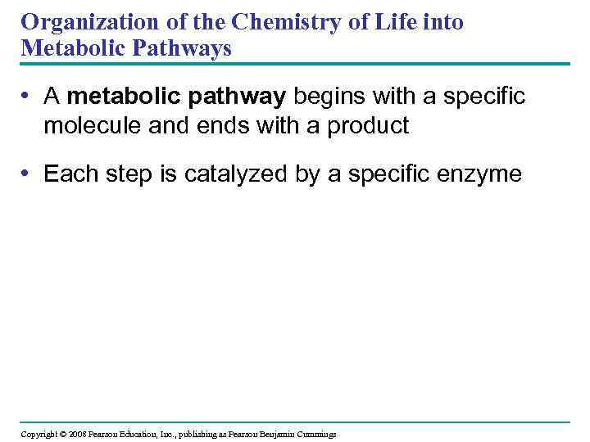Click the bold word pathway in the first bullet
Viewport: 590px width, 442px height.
tap(238, 97)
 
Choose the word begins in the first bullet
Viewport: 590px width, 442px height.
tap(328, 97)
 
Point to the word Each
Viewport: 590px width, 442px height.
tap(67, 174)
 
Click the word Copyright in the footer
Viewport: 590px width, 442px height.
tap(39, 434)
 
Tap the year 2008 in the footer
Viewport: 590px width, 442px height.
tap(78, 434)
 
